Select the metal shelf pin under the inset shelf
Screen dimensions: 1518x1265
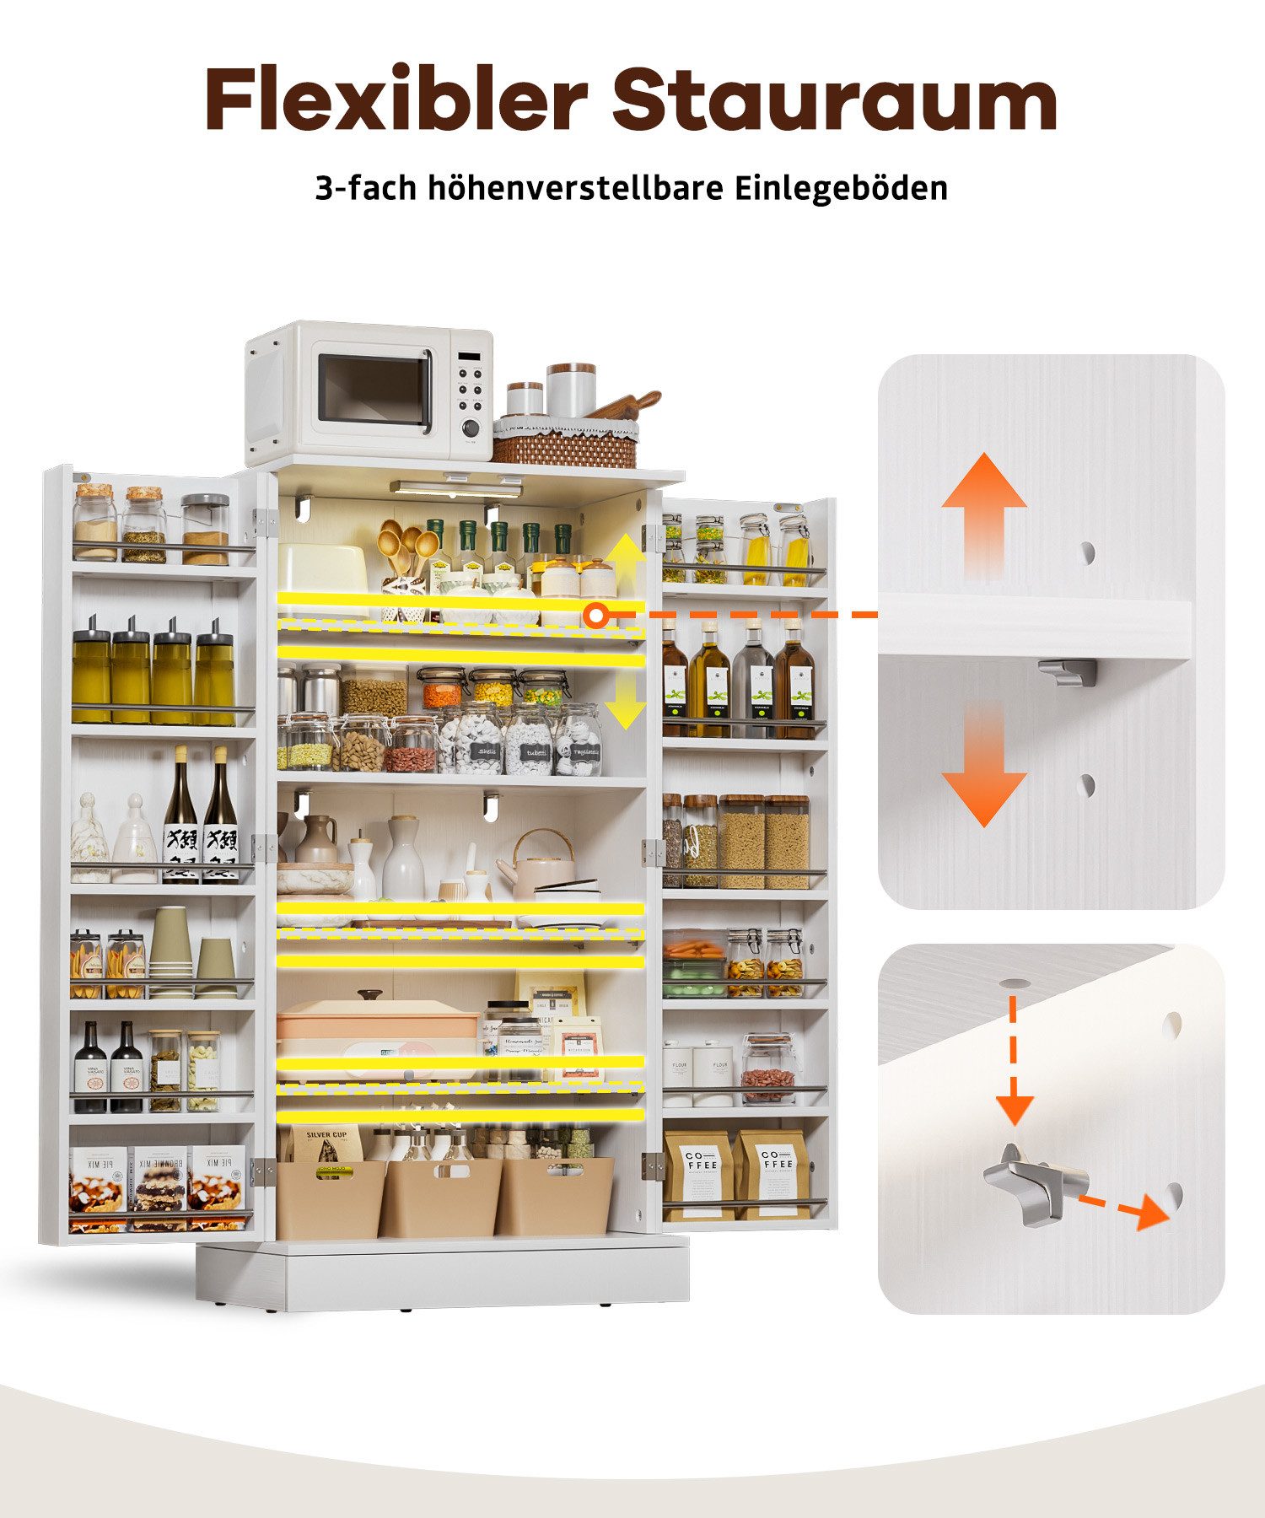tap(1068, 671)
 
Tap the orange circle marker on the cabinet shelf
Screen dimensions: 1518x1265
tap(596, 616)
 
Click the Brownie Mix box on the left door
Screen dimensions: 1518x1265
tap(157, 1187)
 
